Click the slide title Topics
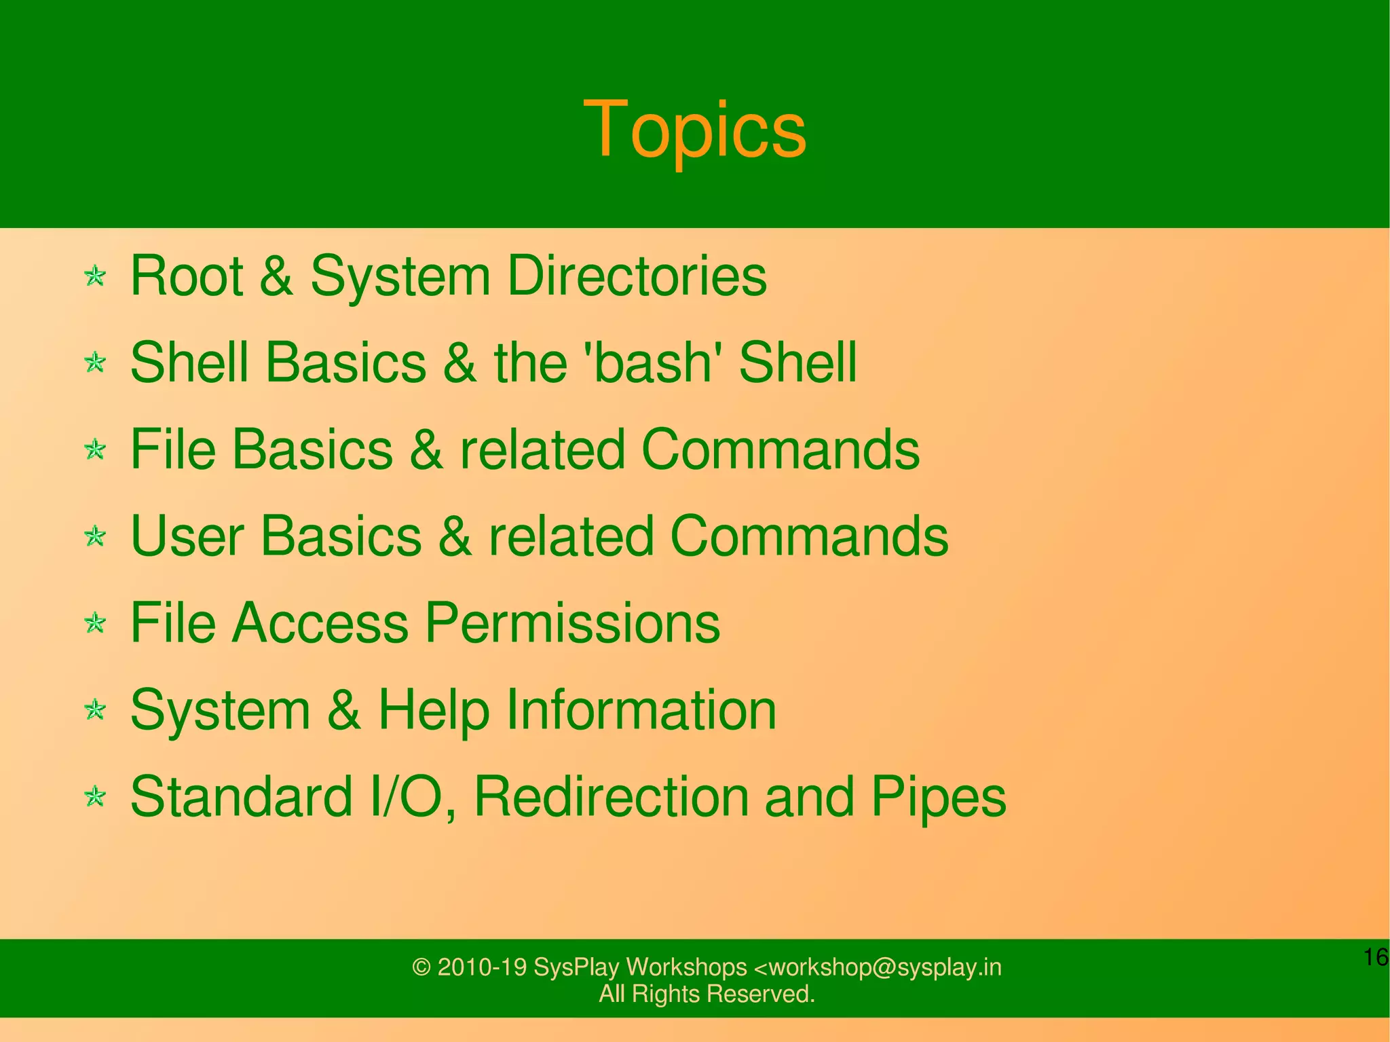(694, 129)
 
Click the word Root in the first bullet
(186, 276)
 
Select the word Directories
(637, 276)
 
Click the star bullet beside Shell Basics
(96, 362)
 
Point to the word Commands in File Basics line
(780, 449)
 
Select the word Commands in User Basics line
(808, 536)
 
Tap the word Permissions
(572, 623)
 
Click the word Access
(320, 623)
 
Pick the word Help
(433, 710)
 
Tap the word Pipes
(939, 797)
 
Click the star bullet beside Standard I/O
(96, 797)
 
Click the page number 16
(1375, 957)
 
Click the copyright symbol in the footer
(421, 967)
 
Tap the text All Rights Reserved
(707, 994)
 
